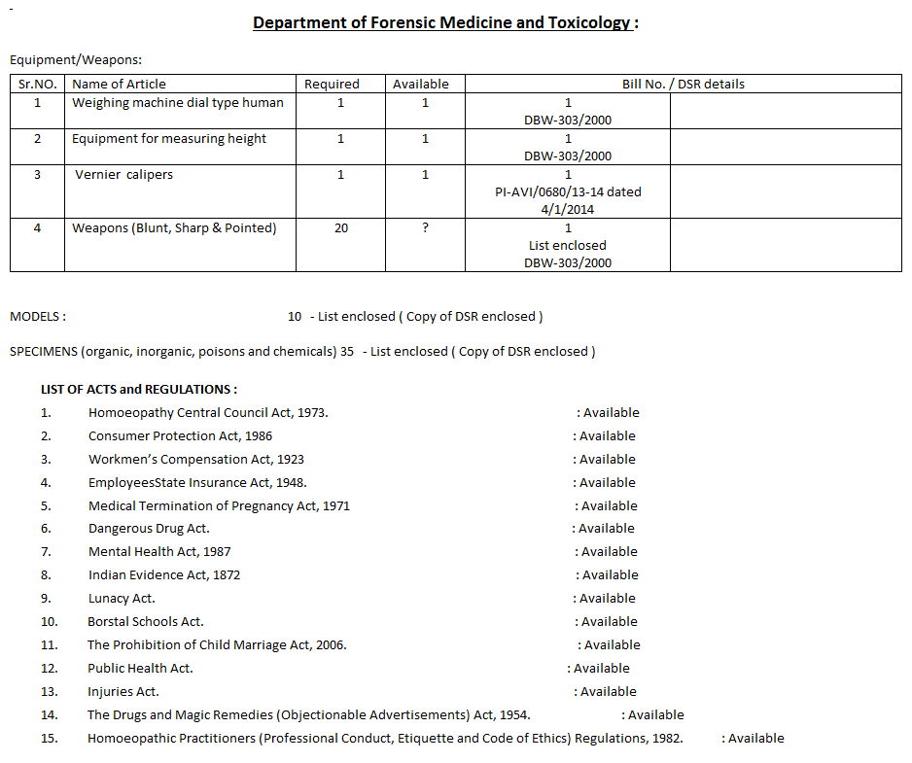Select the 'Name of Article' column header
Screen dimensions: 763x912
pos(119,85)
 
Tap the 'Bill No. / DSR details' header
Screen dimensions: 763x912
pos(683,85)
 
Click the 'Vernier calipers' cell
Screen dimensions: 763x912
pos(123,175)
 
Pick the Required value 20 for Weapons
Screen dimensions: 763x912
pos(340,228)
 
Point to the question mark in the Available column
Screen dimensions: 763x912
pos(425,228)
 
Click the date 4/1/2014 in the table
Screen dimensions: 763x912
pos(568,209)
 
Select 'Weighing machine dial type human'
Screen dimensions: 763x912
pos(178,103)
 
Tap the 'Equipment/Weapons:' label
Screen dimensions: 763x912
pos(76,60)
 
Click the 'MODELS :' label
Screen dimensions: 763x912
pos(38,317)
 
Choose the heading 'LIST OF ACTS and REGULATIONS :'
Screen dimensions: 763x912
pos(139,390)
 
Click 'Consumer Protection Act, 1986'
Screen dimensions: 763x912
pos(180,436)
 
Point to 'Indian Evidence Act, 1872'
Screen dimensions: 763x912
pos(164,575)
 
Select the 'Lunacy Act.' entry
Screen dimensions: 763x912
pos(122,599)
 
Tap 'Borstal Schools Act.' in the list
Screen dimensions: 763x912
pos(146,622)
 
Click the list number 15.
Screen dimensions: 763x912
pos(49,739)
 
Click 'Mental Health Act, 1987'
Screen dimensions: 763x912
pos(159,552)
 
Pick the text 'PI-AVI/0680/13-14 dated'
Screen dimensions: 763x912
pos(568,192)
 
